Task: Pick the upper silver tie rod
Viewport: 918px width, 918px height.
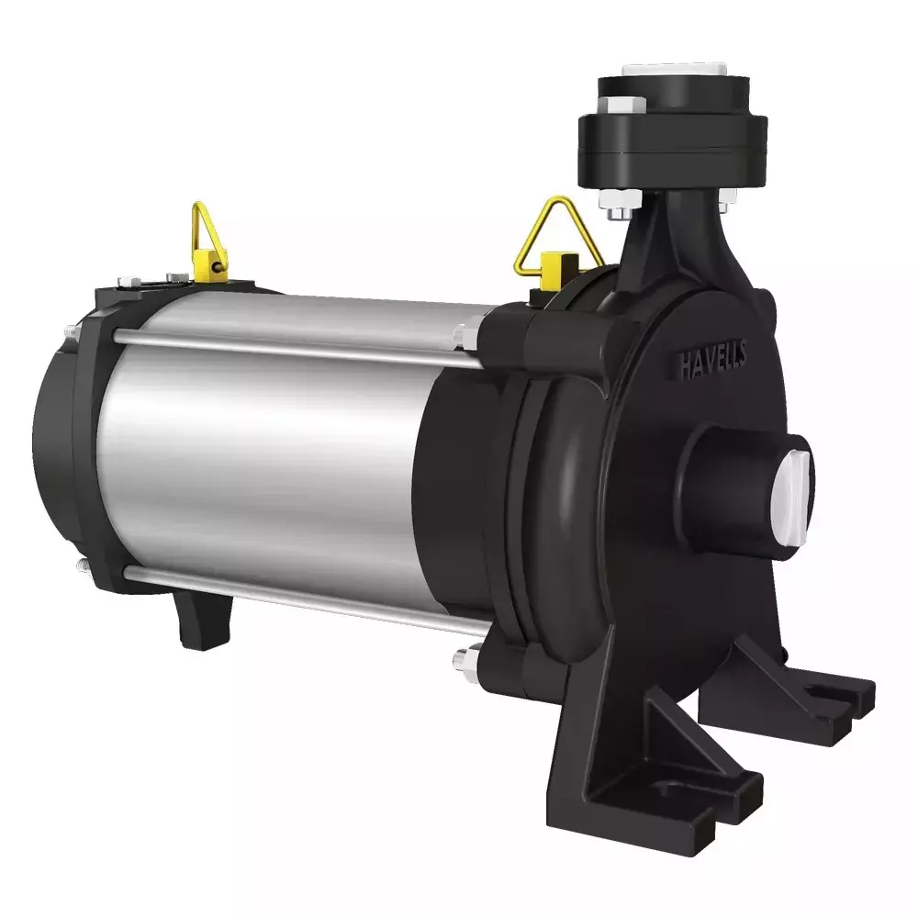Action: click(x=294, y=350)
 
